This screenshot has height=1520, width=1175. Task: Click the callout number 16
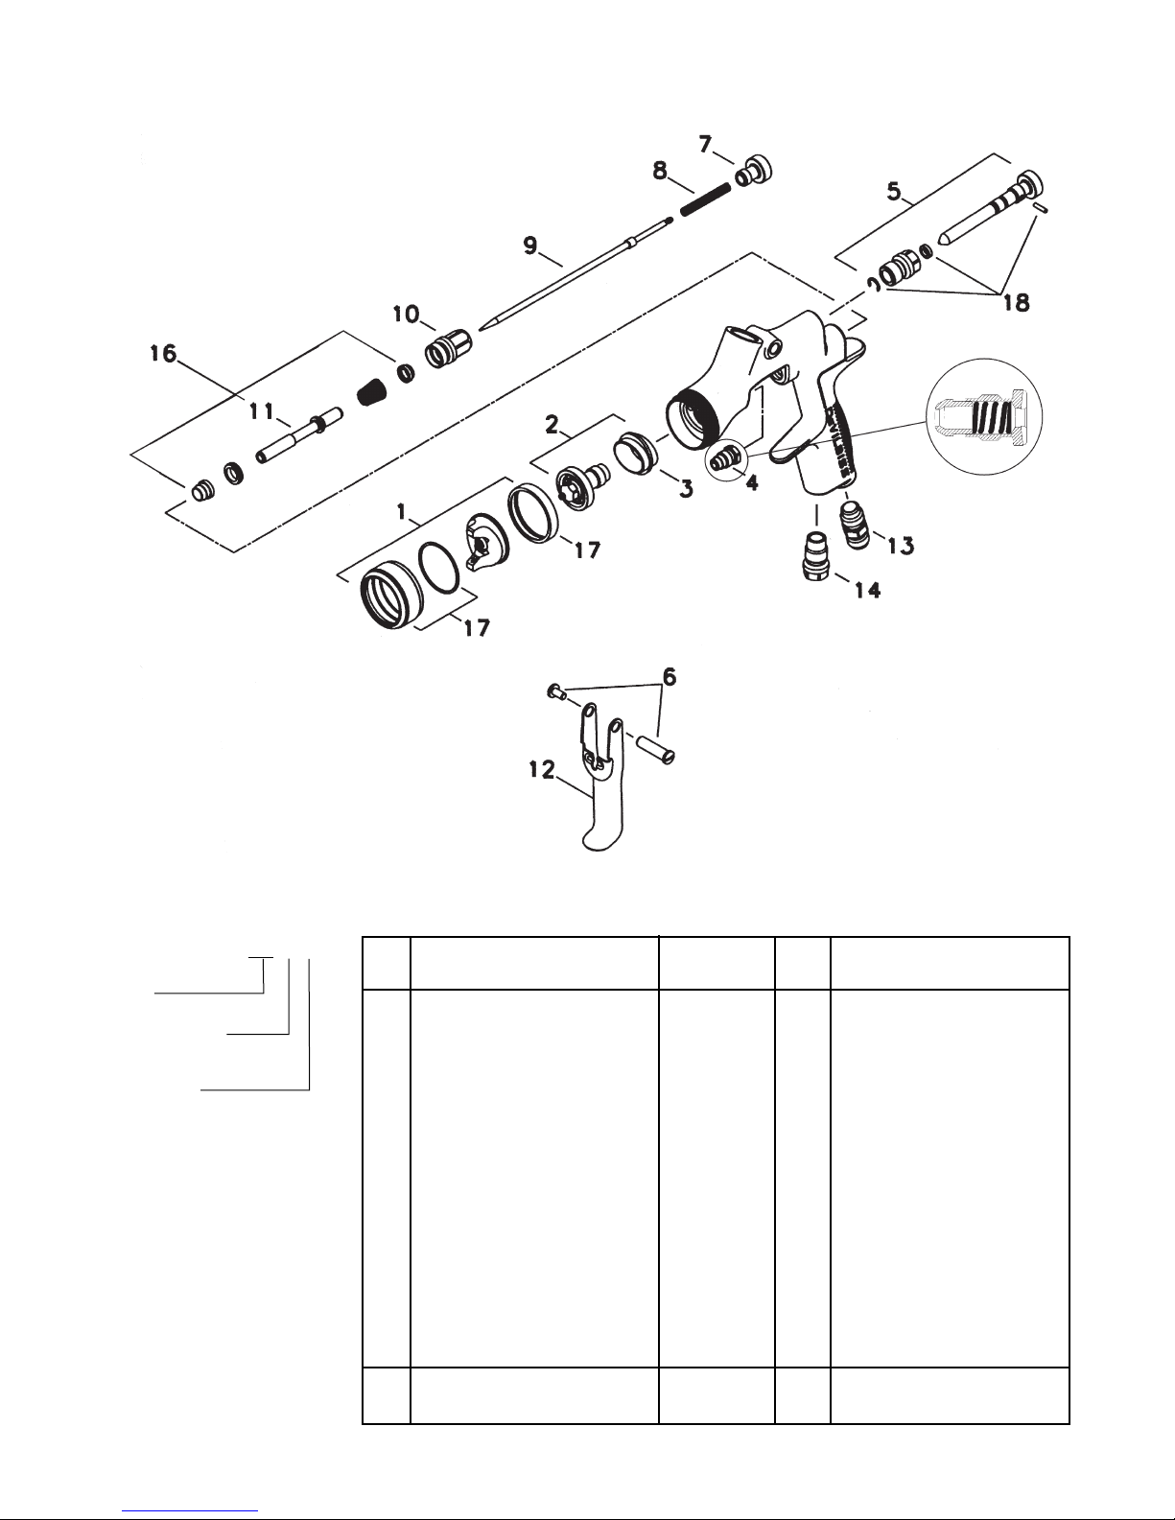[163, 353]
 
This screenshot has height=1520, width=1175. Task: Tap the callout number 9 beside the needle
[530, 246]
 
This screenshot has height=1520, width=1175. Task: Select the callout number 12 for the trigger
[541, 770]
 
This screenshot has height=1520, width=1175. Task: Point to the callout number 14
[867, 591]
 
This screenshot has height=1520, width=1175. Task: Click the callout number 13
[901, 546]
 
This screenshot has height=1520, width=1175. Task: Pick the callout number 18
[1016, 303]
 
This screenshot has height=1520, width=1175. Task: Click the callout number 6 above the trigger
[670, 677]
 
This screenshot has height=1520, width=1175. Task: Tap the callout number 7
[706, 144]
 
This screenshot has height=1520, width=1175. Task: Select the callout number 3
[686, 488]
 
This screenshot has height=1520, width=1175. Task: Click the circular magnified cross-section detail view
[984, 418]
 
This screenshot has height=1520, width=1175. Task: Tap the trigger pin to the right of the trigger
[654, 748]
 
